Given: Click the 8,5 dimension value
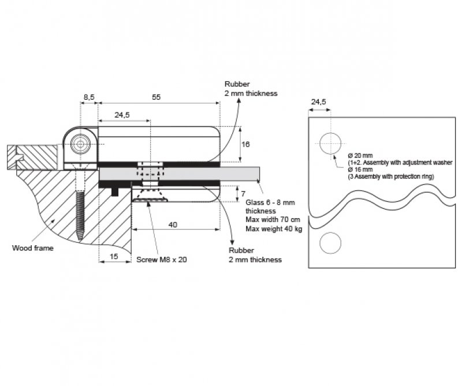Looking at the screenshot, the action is tap(89, 97).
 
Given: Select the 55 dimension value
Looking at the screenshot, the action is tap(156, 97).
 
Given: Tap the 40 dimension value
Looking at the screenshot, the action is tap(173, 225).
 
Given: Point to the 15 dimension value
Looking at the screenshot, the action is tap(114, 256).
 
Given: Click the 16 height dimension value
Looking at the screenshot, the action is tap(245, 144).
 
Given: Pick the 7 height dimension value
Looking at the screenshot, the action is tap(243, 194).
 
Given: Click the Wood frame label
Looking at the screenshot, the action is tap(33, 248).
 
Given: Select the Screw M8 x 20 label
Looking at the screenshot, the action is tap(162, 260).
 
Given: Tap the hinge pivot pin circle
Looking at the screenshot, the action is tap(80, 144).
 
